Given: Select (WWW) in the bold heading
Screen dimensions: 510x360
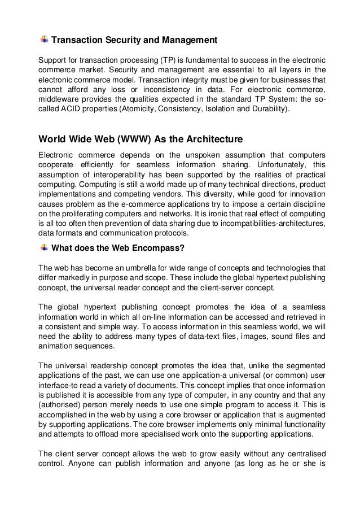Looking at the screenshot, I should (131, 139).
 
